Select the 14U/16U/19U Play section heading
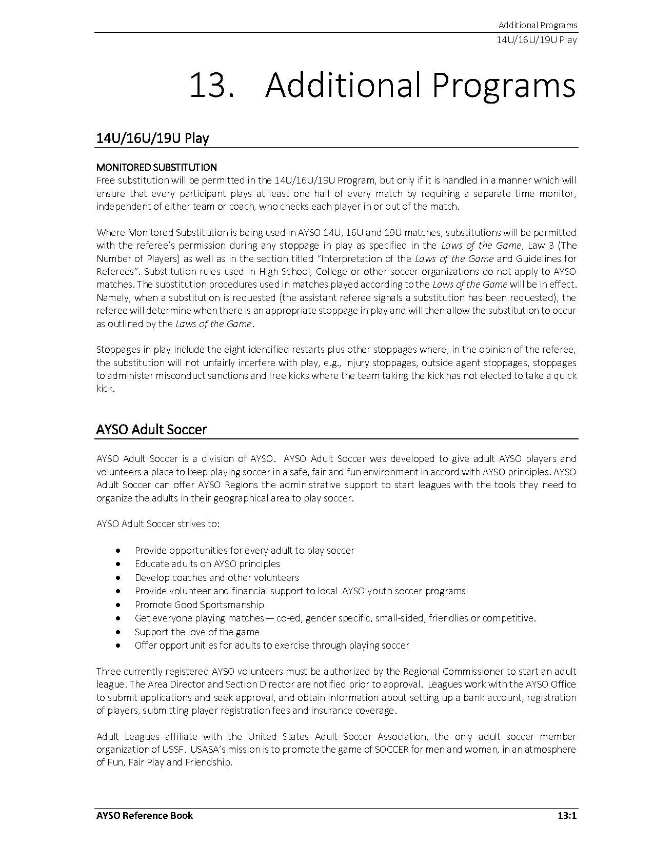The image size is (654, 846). click(x=152, y=138)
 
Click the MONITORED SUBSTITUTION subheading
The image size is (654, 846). click(x=156, y=167)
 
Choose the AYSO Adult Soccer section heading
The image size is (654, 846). click(x=151, y=430)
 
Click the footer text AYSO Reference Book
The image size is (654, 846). click(x=145, y=815)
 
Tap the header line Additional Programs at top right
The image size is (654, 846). click(x=538, y=25)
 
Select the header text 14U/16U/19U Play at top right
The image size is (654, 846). click(x=537, y=39)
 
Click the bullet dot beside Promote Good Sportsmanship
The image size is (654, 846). click(x=119, y=605)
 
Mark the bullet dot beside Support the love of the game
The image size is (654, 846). click(x=119, y=632)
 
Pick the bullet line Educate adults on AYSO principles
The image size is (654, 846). click(x=207, y=564)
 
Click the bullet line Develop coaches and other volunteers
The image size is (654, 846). click(x=216, y=577)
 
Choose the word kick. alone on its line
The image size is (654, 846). click(x=106, y=389)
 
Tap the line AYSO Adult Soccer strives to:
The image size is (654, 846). click(x=158, y=524)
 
